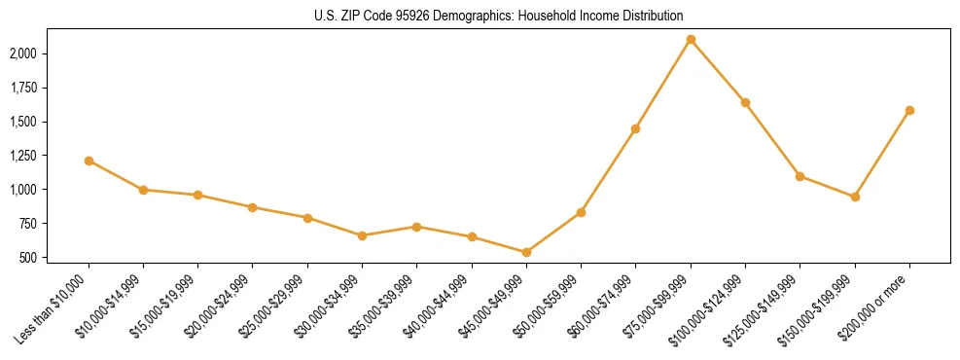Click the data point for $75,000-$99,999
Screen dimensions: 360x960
pos(691,40)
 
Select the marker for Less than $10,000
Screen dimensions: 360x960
pos(89,161)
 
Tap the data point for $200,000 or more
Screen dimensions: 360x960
pos(909,110)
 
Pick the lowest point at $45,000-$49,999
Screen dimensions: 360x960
pos(526,252)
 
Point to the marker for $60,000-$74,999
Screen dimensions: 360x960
pos(635,128)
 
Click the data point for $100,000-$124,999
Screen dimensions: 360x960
pos(745,102)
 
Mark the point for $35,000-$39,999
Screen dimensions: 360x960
pos(416,227)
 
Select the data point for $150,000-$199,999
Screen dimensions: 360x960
pos(855,197)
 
